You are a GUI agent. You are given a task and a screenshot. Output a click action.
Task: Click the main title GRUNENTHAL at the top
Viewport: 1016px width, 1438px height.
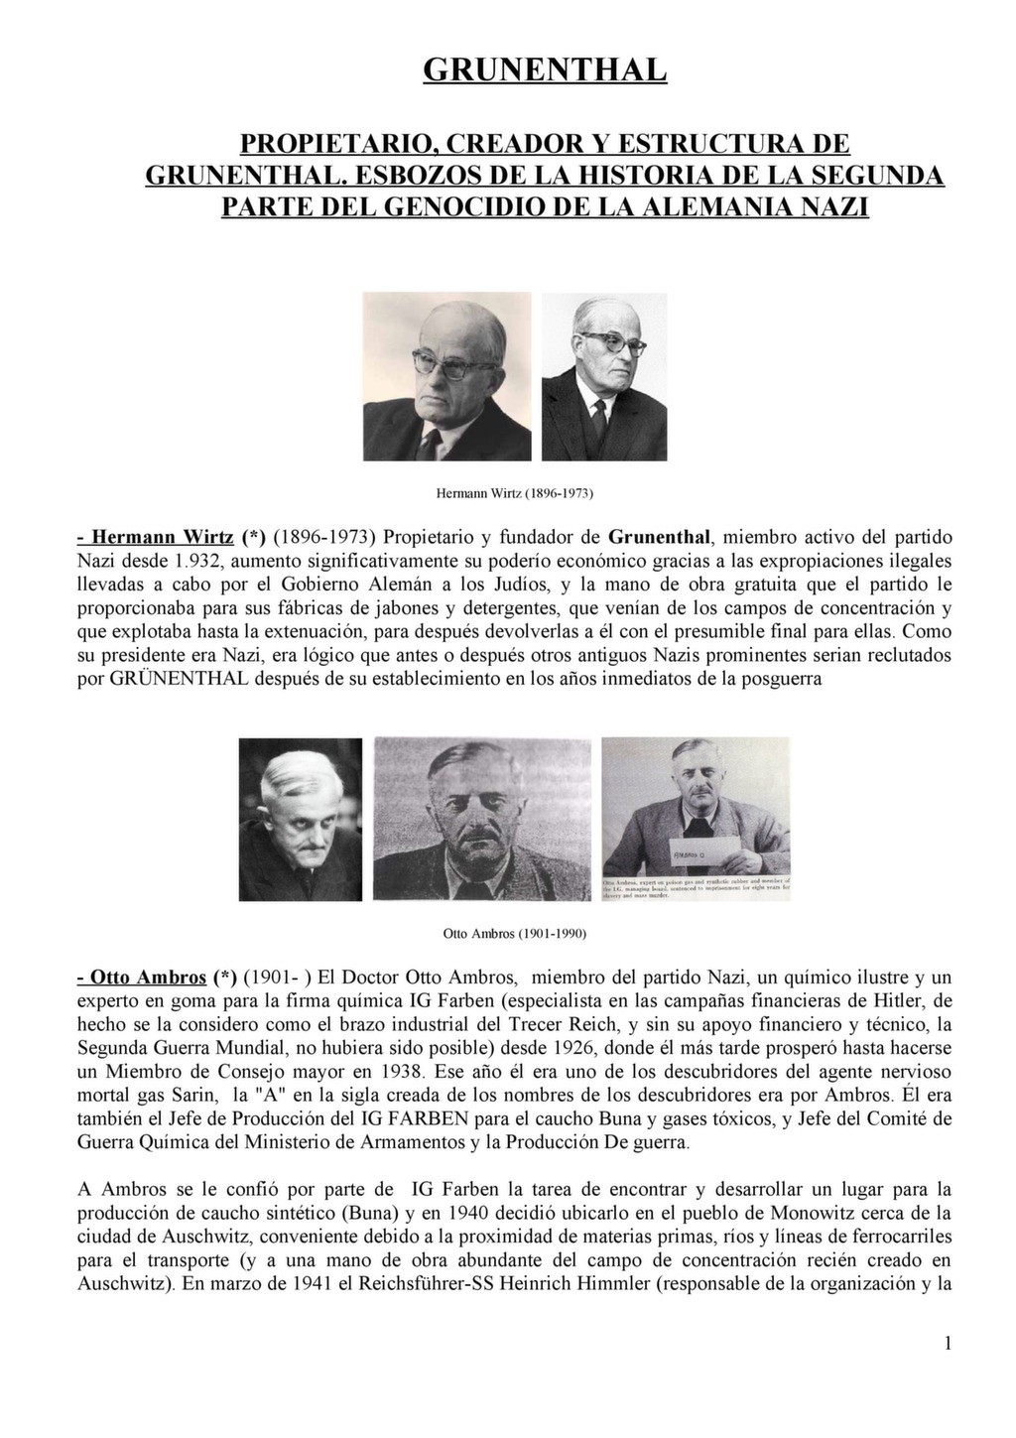tap(545, 69)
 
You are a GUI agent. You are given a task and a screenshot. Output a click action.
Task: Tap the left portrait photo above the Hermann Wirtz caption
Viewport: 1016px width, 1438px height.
tap(446, 376)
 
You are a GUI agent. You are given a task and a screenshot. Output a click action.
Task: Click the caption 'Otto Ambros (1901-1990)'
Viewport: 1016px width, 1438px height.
tap(514, 934)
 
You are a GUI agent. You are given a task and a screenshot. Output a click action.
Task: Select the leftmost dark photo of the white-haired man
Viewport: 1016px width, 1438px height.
tap(302, 820)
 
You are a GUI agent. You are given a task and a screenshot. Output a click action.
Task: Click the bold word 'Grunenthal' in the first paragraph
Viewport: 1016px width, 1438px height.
tap(659, 537)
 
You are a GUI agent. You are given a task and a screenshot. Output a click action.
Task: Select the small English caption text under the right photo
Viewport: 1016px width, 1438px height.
tap(696, 887)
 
